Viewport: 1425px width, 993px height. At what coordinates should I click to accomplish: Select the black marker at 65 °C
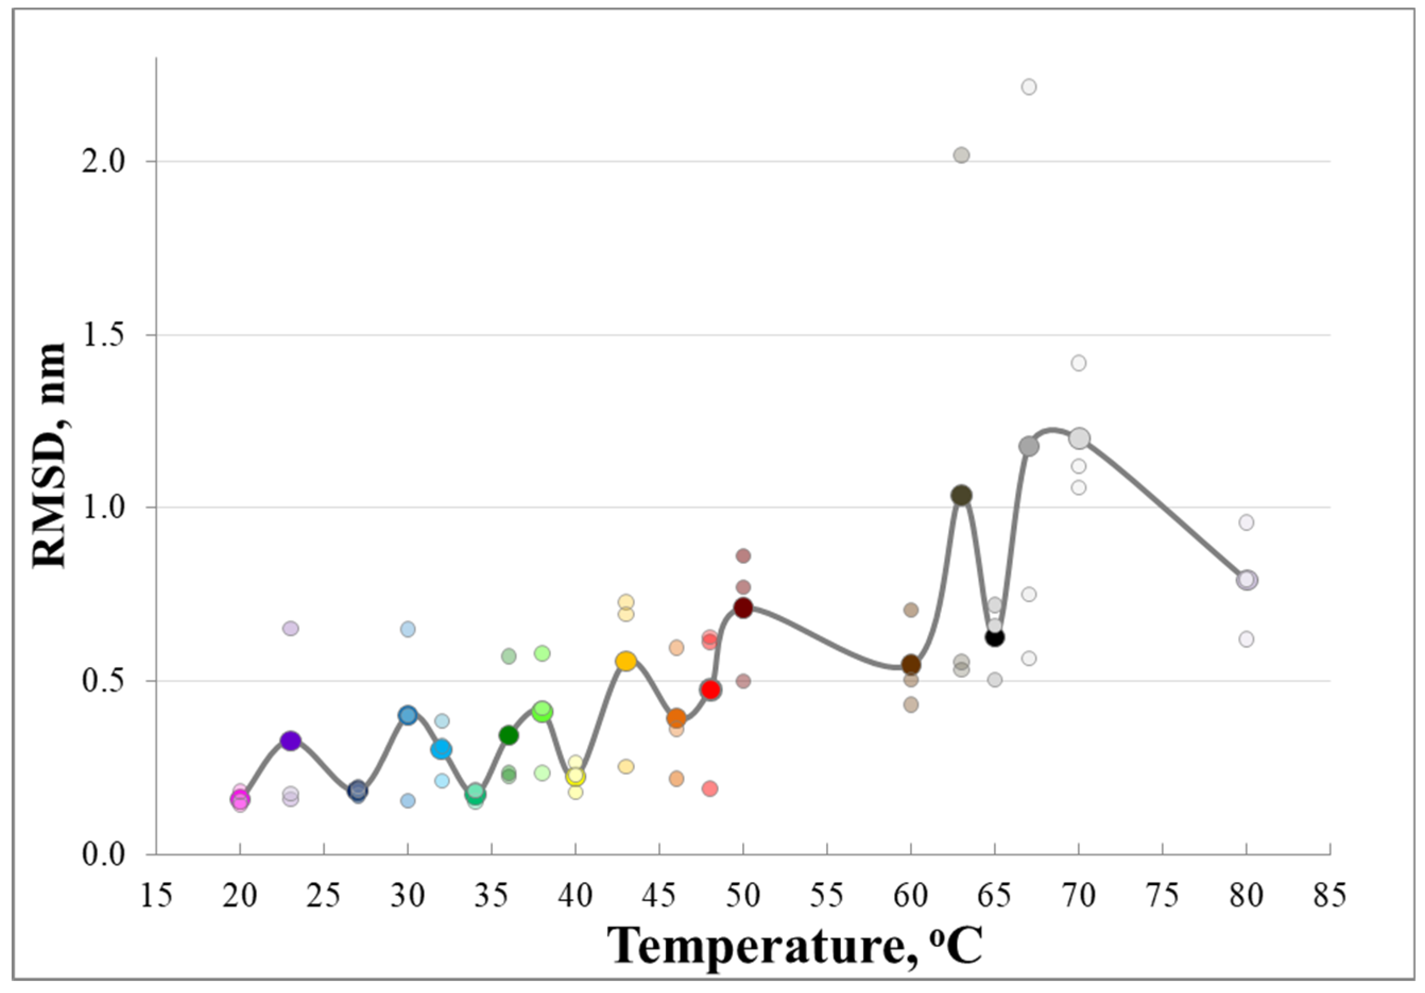[x=994, y=637]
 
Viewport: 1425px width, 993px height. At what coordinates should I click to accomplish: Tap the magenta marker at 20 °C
[x=240, y=800]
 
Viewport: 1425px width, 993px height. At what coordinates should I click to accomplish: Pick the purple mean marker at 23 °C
[x=290, y=740]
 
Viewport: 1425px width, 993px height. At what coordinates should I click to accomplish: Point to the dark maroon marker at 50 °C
[x=743, y=608]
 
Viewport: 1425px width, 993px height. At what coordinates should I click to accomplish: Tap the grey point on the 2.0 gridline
[x=961, y=155]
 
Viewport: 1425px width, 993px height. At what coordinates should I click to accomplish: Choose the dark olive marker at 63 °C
[x=961, y=495]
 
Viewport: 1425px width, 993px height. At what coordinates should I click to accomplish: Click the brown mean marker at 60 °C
[x=911, y=665]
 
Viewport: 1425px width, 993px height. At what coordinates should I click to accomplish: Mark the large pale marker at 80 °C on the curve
[x=1246, y=580]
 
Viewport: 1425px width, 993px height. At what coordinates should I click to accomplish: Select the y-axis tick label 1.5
[x=104, y=335]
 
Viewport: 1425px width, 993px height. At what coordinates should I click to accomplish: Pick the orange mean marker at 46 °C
[x=676, y=718]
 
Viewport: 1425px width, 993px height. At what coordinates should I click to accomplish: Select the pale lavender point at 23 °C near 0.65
[x=290, y=629]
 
